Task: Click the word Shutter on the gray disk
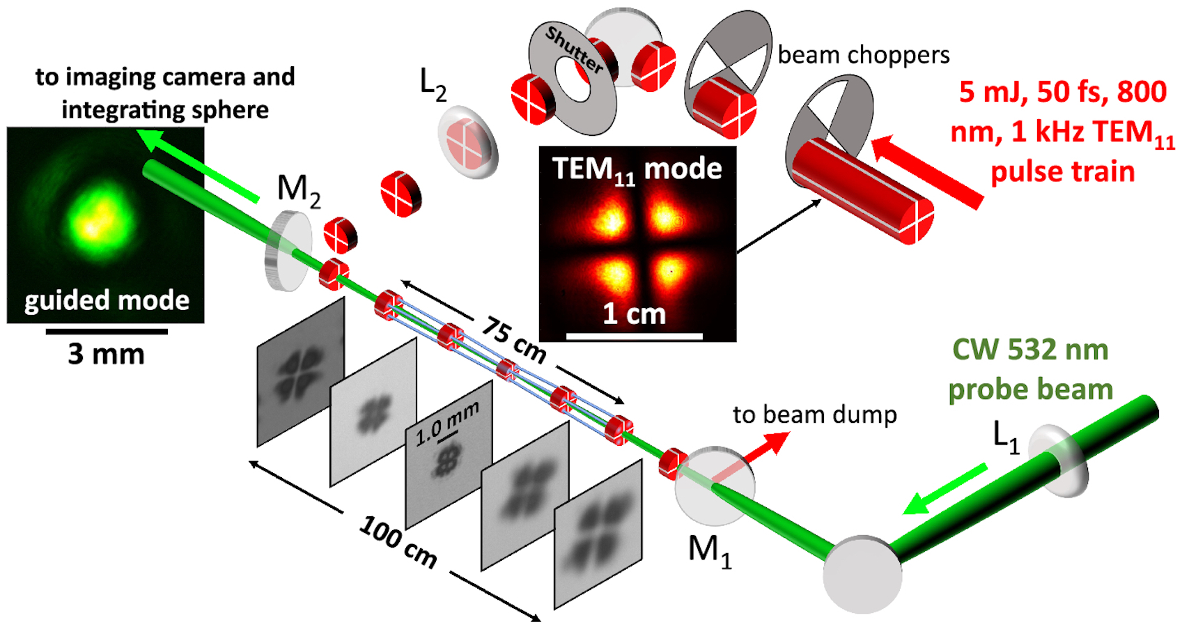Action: point(575,50)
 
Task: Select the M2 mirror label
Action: point(299,191)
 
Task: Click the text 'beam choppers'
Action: point(863,55)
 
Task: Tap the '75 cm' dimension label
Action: point(513,341)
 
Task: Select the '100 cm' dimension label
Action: point(398,542)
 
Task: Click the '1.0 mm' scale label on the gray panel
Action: point(447,422)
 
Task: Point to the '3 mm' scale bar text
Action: point(106,354)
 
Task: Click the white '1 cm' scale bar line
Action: point(635,336)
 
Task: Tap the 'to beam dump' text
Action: point(815,415)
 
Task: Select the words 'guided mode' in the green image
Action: point(107,301)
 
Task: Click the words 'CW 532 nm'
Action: point(1031,350)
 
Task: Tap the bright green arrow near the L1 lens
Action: point(944,488)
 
